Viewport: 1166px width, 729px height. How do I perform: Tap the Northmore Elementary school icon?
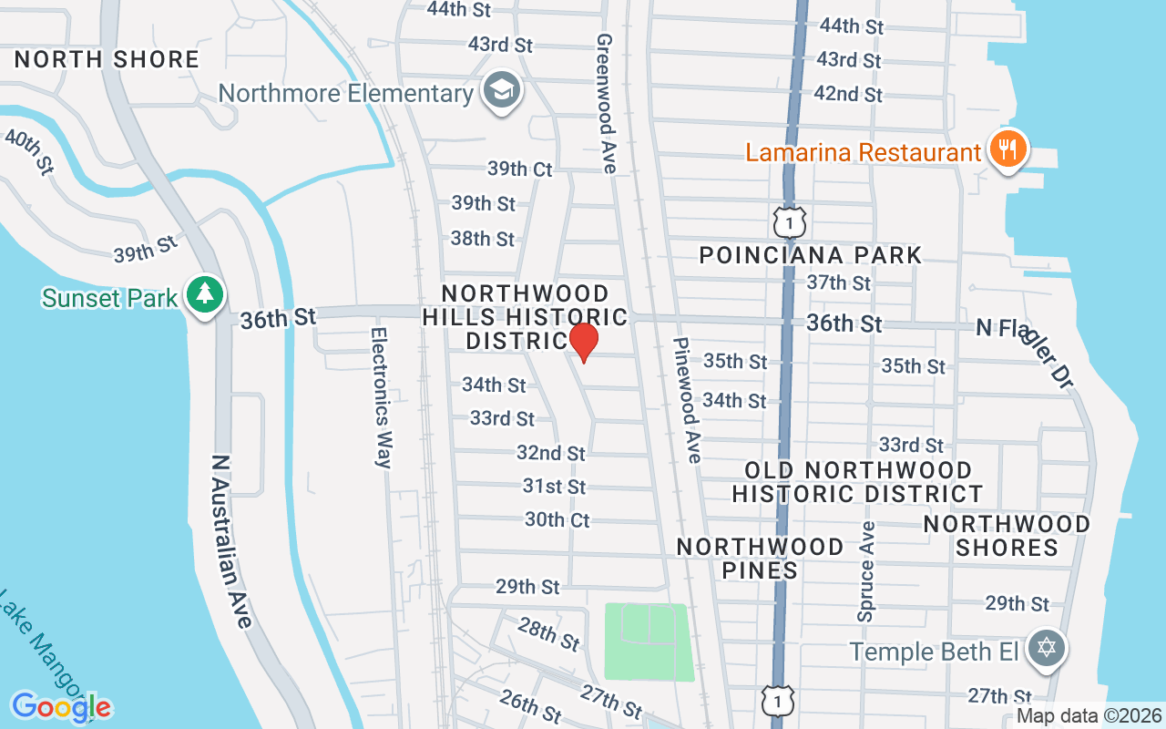[x=501, y=91]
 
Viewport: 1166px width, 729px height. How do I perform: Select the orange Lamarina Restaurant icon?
[x=1007, y=149]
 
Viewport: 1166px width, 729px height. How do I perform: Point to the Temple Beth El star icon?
[x=1047, y=650]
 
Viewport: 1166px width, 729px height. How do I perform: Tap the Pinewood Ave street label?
[x=688, y=400]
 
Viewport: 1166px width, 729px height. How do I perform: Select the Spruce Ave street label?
[x=866, y=571]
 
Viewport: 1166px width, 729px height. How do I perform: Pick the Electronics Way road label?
[x=381, y=397]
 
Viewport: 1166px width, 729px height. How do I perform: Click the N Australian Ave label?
[x=231, y=541]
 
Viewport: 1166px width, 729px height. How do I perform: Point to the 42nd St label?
[x=847, y=94]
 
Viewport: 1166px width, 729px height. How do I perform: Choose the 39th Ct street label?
[x=519, y=169]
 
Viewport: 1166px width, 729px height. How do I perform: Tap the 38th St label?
[x=483, y=239]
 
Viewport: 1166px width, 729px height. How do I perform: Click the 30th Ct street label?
[x=557, y=519]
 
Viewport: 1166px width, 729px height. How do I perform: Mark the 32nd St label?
[x=550, y=453]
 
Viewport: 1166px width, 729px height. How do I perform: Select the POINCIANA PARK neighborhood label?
[x=811, y=255]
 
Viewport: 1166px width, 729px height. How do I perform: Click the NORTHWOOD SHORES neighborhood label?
[x=1007, y=536]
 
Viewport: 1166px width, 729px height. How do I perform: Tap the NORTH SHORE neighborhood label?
[x=107, y=60]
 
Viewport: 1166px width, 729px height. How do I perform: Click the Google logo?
[x=61, y=706]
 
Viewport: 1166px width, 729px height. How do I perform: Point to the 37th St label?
[x=838, y=283]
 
